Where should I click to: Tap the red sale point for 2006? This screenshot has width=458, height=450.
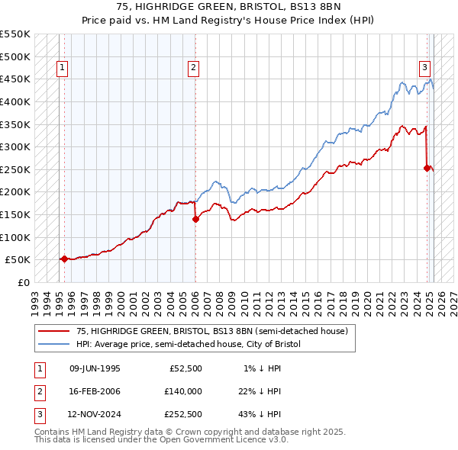pyautogui.click(x=195, y=219)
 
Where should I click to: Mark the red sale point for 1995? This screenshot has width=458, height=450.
pyautogui.click(x=64, y=259)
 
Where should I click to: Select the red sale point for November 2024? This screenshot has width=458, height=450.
pyautogui.click(x=427, y=169)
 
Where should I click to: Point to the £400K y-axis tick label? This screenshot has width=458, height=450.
pyautogui.click(x=16, y=101)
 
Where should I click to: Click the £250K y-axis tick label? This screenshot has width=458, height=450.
pyautogui.click(x=16, y=169)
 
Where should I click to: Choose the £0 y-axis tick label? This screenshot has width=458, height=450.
pyautogui.click(x=24, y=282)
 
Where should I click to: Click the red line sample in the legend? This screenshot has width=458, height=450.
pyautogui.click(x=53, y=331)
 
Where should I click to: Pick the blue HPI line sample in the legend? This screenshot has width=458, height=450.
pyautogui.click(x=53, y=344)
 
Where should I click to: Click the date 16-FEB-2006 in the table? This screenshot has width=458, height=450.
pyautogui.click(x=95, y=391)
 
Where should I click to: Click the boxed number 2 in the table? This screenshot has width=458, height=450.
pyautogui.click(x=37, y=391)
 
